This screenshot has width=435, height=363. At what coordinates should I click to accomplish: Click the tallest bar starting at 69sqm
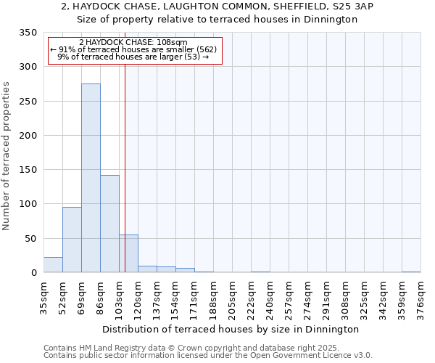(x=91, y=178)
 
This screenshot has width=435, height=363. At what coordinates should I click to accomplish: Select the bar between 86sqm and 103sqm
(x=109, y=224)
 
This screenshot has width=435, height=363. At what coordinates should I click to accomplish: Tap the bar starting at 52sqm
(x=72, y=240)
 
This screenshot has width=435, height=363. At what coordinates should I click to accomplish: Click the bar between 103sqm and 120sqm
(x=128, y=254)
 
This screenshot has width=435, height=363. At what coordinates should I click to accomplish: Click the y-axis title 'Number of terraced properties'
(x=7, y=155)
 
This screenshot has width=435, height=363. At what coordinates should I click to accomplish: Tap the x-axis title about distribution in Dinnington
(x=231, y=329)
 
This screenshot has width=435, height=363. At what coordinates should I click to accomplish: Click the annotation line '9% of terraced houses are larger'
(x=120, y=57)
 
